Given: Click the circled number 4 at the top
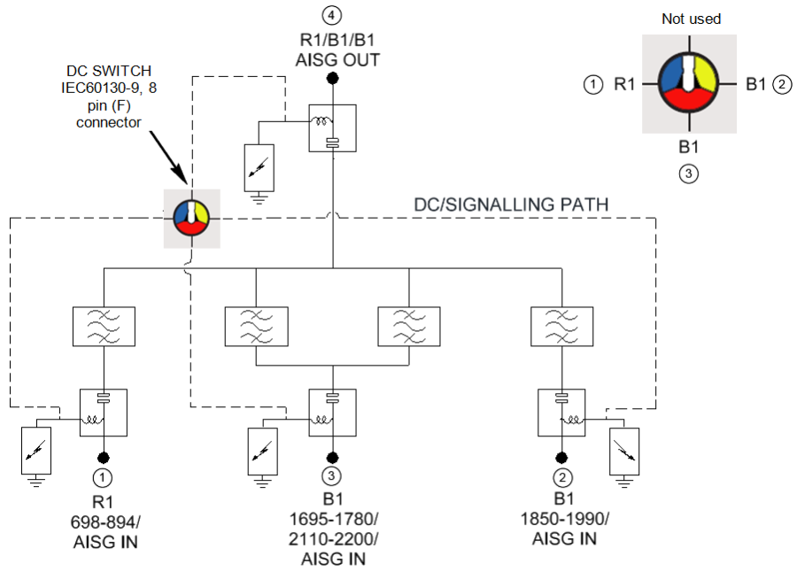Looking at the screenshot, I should click(x=332, y=14).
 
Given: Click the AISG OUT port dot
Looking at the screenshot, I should click(x=332, y=81).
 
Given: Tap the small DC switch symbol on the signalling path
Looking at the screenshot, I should click(x=190, y=218).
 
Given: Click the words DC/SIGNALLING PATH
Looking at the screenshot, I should click(x=511, y=205).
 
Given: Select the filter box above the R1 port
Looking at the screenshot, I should click(x=104, y=326).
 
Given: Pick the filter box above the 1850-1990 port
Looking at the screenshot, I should click(x=561, y=326).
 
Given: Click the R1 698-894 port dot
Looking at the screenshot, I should click(x=104, y=457).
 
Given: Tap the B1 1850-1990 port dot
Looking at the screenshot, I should click(x=561, y=457).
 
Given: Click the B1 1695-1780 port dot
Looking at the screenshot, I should click(x=332, y=457).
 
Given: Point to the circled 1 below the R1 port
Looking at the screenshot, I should click(x=104, y=477).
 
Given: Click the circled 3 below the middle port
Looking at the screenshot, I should click(x=332, y=477).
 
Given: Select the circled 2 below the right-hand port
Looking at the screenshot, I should click(x=561, y=477).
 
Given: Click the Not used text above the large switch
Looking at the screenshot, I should click(x=691, y=19).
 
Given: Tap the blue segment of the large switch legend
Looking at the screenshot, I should click(x=675, y=76).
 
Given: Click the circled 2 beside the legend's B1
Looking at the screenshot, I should click(x=781, y=85).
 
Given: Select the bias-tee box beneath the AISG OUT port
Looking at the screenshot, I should click(x=332, y=128).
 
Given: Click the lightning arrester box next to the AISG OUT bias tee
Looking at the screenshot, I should click(x=259, y=166).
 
